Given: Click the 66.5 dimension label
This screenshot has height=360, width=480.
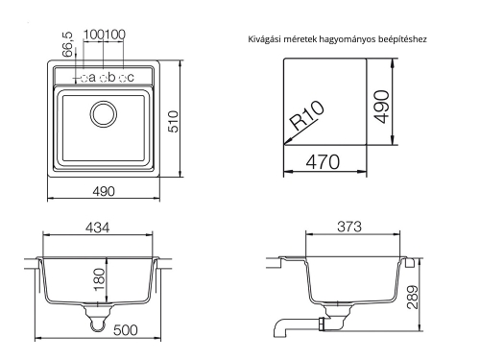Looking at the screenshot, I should click(67, 46).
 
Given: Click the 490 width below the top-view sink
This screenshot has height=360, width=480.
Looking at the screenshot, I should click(103, 191).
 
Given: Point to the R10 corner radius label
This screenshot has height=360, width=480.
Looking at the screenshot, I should click(308, 121).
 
